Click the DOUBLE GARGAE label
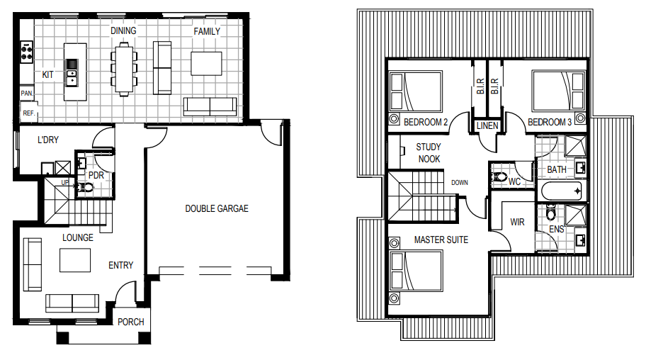[217, 208]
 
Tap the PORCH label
[131, 322]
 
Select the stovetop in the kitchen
[27, 52]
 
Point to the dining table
[124, 69]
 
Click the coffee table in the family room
[206, 64]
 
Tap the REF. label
[28, 113]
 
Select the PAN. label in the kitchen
[27, 94]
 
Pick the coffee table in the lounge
[75, 260]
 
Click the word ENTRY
[120, 265]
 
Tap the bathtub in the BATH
[562, 191]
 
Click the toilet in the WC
[499, 177]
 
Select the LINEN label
[487, 125]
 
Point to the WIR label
[518, 223]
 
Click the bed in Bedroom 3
[559, 91]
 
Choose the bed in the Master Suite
[416, 271]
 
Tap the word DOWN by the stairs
[460, 182]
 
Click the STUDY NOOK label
[429, 153]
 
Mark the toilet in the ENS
[550, 213]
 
